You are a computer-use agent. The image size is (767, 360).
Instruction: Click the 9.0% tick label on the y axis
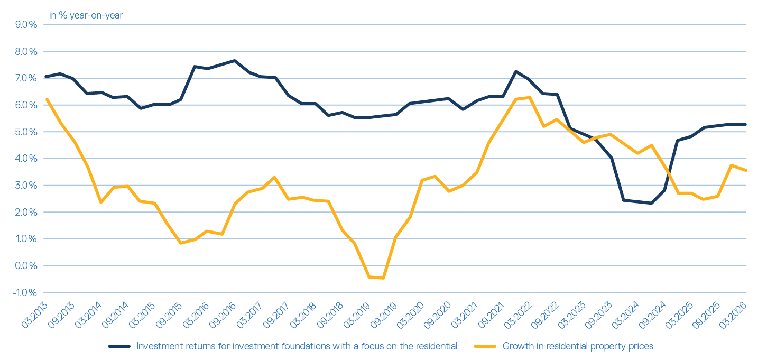coord(26,25)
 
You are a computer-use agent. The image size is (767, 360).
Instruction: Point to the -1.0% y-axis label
coord(25,292)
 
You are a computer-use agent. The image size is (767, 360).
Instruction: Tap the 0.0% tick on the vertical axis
coord(26,266)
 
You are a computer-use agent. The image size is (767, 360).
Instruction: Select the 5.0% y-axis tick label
coord(26,132)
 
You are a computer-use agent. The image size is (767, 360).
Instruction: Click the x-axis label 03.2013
coord(34,315)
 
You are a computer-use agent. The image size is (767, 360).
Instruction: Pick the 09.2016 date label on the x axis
coord(222,315)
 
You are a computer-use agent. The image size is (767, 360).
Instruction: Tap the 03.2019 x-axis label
coord(356,315)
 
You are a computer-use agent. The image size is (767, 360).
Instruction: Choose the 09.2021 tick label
coord(491,315)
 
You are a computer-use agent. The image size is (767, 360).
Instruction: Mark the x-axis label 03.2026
coord(733,315)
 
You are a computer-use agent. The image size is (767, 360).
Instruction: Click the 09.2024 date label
coord(652,315)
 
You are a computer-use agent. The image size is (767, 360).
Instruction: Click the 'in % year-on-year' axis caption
coord(86,15)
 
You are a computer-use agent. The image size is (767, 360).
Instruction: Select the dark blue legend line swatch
coord(119,346)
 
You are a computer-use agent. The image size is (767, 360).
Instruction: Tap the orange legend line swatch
coord(485,346)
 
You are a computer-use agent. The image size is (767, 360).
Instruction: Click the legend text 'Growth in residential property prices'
coord(578,346)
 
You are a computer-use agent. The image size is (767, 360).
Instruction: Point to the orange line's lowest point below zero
coord(383,278)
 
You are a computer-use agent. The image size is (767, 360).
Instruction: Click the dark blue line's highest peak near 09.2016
coord(235,61)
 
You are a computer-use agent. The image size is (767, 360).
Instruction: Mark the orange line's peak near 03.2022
coord(530,98)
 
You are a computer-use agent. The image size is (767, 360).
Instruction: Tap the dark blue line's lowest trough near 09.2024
coord(651,203)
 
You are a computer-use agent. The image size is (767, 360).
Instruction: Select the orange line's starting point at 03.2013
coord(47,99)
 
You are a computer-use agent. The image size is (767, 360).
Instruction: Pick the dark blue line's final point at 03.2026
coord(746,124)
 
